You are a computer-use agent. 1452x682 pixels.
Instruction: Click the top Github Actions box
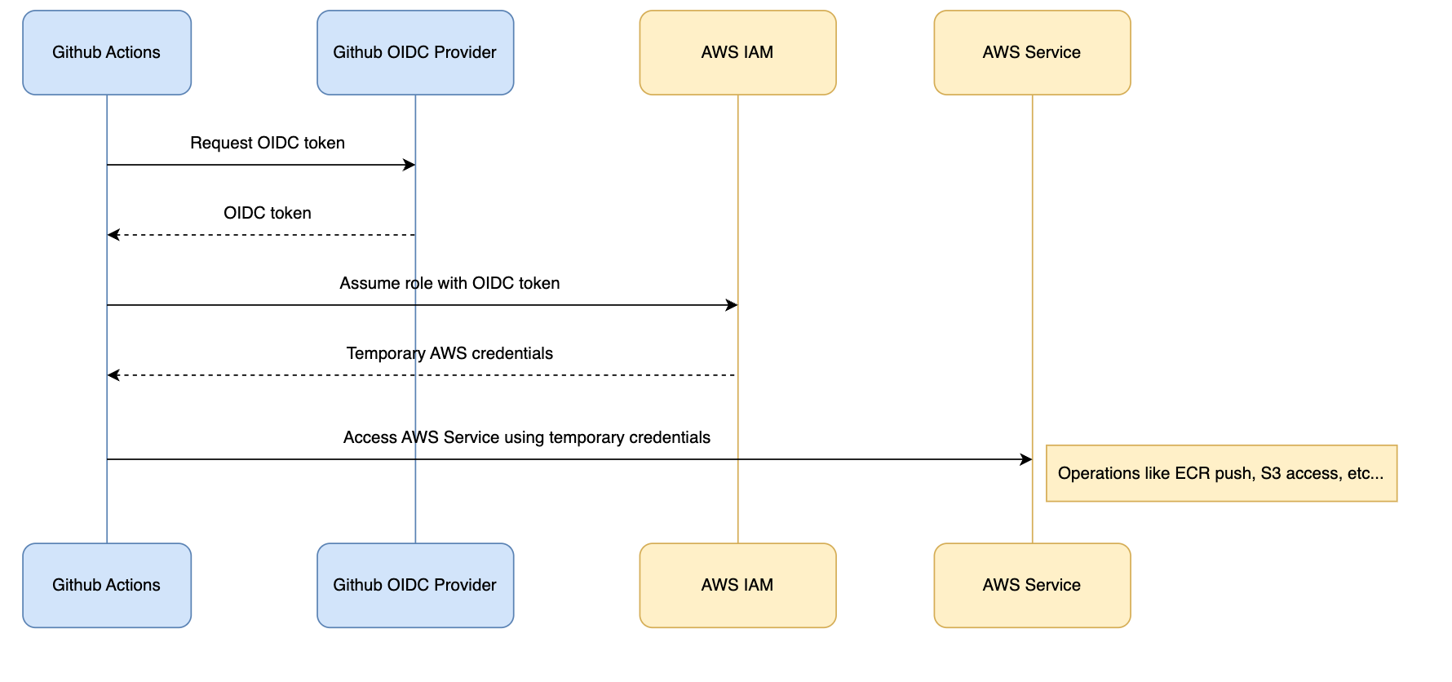(107, 52)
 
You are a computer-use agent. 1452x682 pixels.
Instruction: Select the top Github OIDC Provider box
(415, 52)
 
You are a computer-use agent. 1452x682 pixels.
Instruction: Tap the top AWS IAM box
(737, 52)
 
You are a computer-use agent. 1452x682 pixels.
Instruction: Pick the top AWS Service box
(1032, 52)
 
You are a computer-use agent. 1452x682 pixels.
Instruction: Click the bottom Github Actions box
(107, 585)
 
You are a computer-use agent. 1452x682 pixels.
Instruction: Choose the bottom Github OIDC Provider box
(415, 585)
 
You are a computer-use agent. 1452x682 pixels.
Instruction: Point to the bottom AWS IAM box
(737, 585)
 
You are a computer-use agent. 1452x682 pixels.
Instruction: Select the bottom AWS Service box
(1032, 585)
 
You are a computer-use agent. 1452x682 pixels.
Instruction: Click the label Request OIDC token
(268, 143)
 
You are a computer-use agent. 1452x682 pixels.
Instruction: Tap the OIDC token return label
(268, 213)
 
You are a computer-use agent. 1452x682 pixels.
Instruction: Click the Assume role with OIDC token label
(449, 283)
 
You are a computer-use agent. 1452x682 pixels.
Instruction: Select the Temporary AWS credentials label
(449, 353)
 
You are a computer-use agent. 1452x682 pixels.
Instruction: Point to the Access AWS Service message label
(526, 437)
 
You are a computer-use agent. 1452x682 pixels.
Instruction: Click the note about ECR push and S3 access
(1221, 473)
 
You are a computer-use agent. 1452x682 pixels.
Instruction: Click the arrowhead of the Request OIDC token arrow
(409, 165)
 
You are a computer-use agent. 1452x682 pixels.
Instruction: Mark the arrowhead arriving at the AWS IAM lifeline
(732, 305)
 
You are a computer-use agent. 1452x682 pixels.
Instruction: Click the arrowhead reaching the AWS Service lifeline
(1026, 459)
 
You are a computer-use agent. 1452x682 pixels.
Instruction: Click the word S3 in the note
(1270, 473)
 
